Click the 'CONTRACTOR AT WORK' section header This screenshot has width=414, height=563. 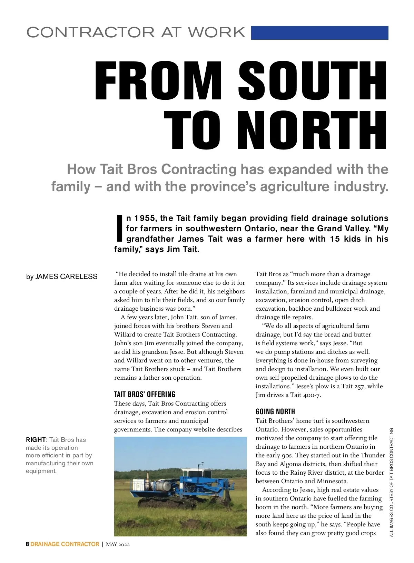(136, 32)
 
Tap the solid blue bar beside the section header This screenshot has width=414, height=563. (319, 33)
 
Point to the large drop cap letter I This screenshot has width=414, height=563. (119, 228)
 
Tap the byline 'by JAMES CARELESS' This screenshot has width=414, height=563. (62, 276)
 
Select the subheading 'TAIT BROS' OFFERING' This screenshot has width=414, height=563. (145, 394)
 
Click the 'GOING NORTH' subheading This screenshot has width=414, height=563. (275, 411)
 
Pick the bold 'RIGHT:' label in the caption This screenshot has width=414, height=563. (37, 440)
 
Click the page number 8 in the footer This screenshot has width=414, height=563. (27, 544)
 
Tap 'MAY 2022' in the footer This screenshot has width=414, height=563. (118, 544)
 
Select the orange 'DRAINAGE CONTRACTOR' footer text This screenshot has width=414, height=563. (65, 544)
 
